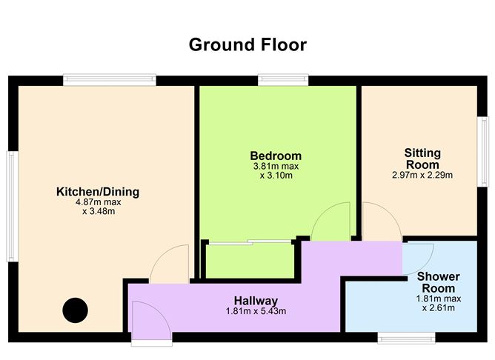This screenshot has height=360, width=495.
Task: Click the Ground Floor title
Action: coord(247,44)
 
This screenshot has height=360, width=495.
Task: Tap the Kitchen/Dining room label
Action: coord(98,192)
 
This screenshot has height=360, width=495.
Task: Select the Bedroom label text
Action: coord(276,156)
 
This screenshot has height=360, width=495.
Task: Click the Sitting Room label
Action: coord(422,159)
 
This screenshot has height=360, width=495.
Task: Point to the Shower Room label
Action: coord(439,282)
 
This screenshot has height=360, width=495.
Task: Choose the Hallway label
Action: coord(256,301)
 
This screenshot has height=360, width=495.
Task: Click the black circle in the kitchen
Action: coord(75,310)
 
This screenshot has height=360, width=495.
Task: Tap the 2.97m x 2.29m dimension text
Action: coord(422,175)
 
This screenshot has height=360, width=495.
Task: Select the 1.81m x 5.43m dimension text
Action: coord(256,311)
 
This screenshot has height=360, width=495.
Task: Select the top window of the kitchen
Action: coord(110,79)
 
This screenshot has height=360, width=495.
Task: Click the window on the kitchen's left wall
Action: coord(13,207)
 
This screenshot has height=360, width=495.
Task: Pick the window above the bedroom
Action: coord(283,79)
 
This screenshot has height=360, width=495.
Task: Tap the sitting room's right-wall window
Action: coord(482,152)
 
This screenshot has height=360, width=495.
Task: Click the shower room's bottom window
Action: coord(407,338)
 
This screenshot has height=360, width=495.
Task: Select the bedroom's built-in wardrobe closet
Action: coord(250,261)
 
